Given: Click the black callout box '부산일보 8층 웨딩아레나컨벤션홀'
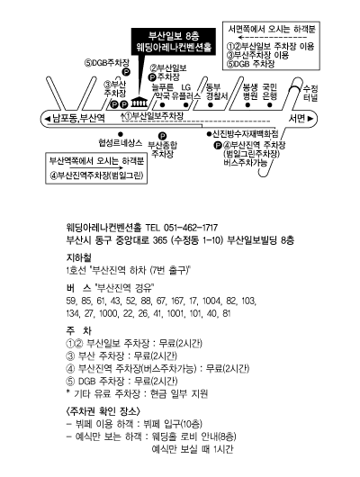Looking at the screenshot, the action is tap(174, 41).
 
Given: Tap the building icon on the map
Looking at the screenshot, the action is tap(139, 103).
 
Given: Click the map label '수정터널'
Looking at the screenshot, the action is tap(310, 93).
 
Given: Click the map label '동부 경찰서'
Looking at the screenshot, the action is tap(217, 92).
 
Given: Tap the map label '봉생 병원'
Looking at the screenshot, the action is tap(250, 92).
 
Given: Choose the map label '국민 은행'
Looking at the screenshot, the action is tap(270, 92).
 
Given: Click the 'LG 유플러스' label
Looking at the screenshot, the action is tap(186, 92).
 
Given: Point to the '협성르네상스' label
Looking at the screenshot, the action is tap(121, 143).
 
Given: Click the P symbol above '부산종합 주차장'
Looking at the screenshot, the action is tap(163, 136).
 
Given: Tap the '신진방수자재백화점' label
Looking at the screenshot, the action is tap(246, 133).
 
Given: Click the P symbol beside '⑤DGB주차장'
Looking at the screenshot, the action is tap(126, 72).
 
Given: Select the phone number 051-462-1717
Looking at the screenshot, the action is tap(191, 228).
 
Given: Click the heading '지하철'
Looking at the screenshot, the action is tap(78, 257).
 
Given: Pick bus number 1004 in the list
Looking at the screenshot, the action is tap(211, 301).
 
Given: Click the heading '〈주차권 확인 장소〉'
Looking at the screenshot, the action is tap(103, 411).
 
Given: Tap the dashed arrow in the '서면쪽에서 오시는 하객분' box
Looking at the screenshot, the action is tap(272, 38).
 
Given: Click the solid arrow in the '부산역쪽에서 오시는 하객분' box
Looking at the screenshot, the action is tap(96, 167).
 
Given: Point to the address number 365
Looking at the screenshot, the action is tap(160, 240).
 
